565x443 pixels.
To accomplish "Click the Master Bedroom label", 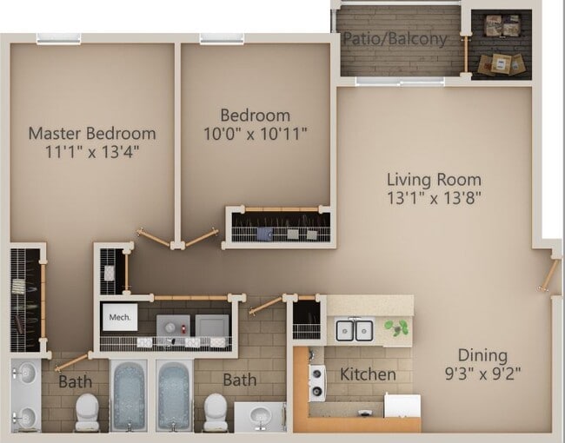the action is click(92, 134).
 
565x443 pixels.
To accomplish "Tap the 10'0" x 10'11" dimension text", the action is click(255, 134).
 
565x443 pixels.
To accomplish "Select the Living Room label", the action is click(434, 180).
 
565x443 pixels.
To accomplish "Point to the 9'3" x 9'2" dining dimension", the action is click(482, 374).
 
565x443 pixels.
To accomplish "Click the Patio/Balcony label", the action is click(395, 38).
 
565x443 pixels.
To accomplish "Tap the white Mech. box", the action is click(120, 317).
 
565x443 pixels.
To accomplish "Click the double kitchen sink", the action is click(354, 330).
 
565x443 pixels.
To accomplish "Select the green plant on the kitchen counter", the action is click(396, 327).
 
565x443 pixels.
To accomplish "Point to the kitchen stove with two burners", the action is click(317, 383).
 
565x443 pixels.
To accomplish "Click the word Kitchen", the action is click(368, 374).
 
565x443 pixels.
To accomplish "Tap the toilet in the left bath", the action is click(87, 412).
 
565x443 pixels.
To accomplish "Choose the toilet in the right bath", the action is click(216, 412).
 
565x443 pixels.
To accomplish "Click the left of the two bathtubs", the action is click(129, 395).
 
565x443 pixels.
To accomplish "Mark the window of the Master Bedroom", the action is click(59, 39).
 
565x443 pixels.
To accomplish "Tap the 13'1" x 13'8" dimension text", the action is click(434, 198).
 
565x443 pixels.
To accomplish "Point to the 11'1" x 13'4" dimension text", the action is click(92, 152).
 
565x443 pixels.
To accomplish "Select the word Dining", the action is click(482, 356).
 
